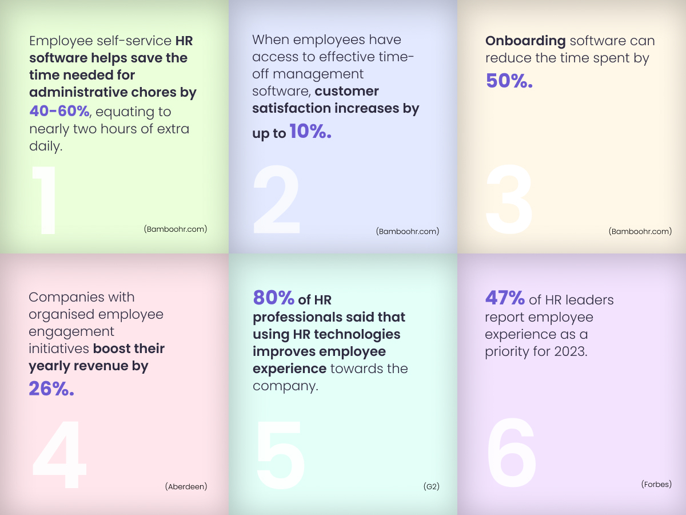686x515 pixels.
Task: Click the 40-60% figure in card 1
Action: coord(59,111)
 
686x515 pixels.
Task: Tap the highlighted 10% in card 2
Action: coord(310,132)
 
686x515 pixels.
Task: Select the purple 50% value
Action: coord(509,81)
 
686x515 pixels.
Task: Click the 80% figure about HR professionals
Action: coord(274,298)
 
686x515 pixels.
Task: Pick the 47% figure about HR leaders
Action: coord(505,298)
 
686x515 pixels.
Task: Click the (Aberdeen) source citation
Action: coord(186,486)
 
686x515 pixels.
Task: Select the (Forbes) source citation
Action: coord(656,484)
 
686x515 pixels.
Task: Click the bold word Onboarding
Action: coord(525,41)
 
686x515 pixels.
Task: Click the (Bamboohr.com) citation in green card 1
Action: coord(176,229)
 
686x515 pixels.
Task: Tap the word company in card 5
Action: coord(284,386)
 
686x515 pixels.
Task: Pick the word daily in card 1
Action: coord(45,146)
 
